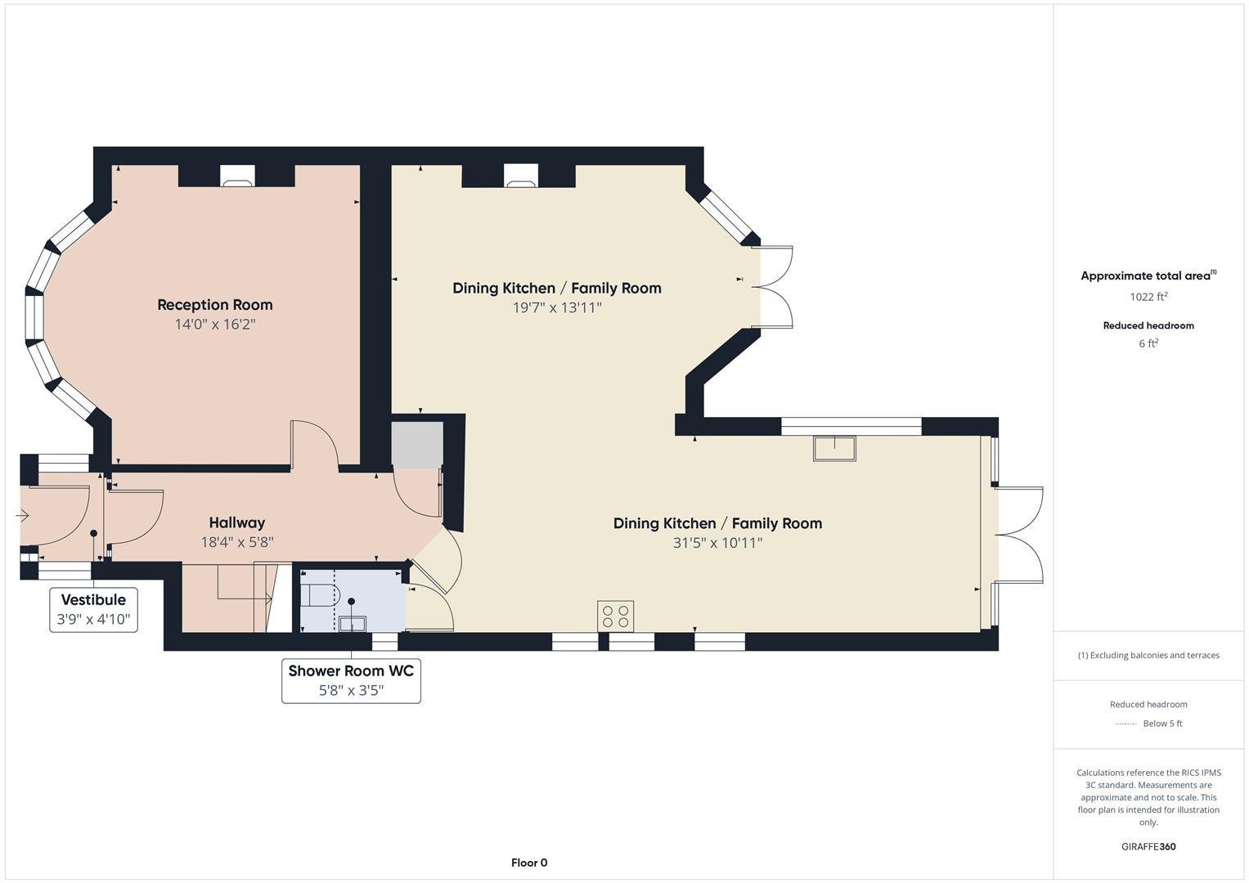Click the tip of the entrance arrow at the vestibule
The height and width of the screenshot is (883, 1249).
point(28,516)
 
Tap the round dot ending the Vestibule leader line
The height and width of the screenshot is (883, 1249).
point(94,533)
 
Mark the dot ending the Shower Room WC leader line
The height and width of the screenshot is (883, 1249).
point(351,602)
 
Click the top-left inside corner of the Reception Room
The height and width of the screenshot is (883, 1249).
point(112,165)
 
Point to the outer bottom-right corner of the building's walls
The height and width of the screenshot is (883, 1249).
point(998,650)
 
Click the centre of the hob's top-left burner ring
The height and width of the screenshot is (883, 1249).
point(608,611)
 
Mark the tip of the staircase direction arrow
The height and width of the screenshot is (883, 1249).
point(272,598)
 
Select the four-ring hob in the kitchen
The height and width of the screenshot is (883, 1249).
point(616,616)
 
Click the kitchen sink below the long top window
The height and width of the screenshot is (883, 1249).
point(834,449)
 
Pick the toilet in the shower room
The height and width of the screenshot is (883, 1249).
point(320,595)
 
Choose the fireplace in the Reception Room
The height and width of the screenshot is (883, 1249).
point(237,176)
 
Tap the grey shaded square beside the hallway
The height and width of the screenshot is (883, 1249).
point(417,445)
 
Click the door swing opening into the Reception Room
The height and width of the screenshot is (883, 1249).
point(314,443)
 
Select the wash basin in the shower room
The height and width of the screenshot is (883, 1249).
point(353,623)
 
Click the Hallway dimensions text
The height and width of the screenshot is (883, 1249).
point(237,542)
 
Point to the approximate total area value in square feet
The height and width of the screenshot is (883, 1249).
point(1148,297)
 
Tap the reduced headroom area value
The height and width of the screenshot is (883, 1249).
point(1148,343)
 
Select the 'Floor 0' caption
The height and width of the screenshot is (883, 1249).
point(529,863)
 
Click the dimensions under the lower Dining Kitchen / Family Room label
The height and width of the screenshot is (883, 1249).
point(717,543)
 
